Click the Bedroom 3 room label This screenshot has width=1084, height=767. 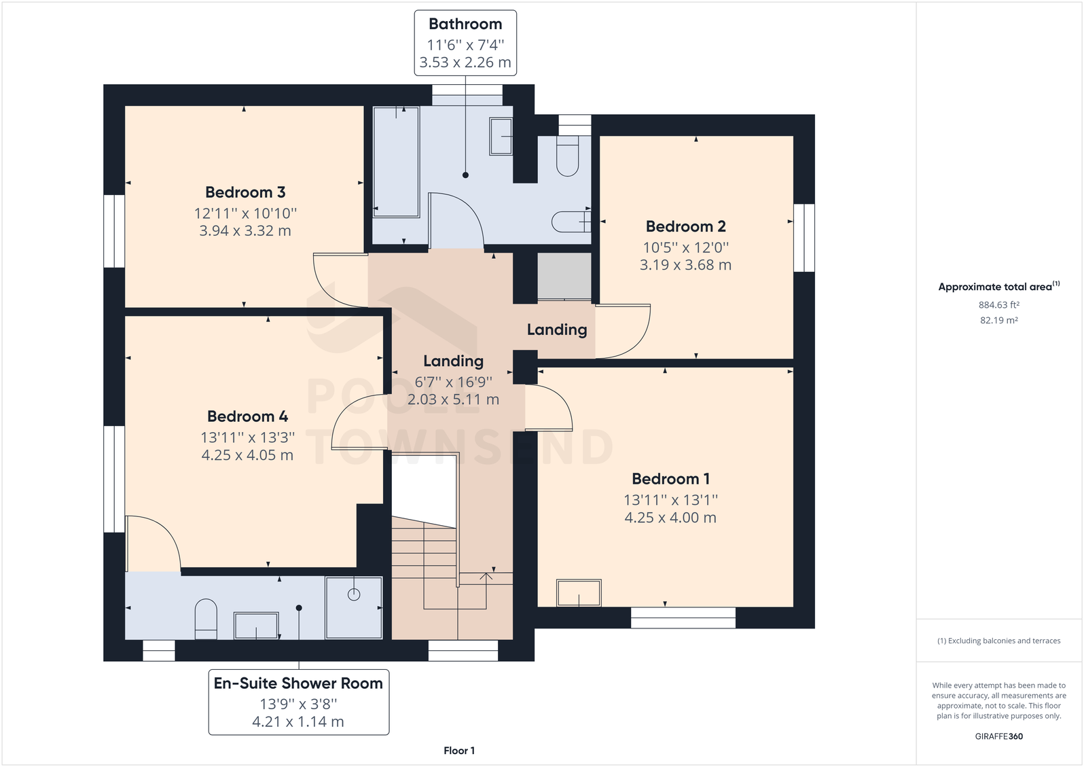pos(245,192)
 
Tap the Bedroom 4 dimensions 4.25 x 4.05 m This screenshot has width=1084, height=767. pos(247,455)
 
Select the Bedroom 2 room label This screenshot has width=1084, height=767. pos(686,226)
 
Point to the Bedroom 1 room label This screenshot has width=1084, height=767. pos(671,478)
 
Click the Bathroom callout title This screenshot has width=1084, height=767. pos(465,24)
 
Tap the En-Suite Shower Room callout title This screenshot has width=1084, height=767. pos(298,683)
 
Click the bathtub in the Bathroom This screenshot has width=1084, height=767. pos(396,162)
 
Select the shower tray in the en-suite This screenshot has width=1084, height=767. pos(355,608)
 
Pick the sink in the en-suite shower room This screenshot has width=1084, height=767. pos(256,625)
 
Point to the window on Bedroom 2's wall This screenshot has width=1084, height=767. pos(804,238)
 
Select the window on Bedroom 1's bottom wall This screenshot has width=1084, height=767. pos(683,618)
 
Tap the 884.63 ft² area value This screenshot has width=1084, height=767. pos(999,304)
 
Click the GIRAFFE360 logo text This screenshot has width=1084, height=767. pos(999,736)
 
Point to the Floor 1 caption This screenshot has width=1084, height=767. pos(459,751)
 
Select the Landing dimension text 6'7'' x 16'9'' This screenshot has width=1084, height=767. pos(454,382)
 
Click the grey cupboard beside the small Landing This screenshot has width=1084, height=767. pos(564,276)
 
